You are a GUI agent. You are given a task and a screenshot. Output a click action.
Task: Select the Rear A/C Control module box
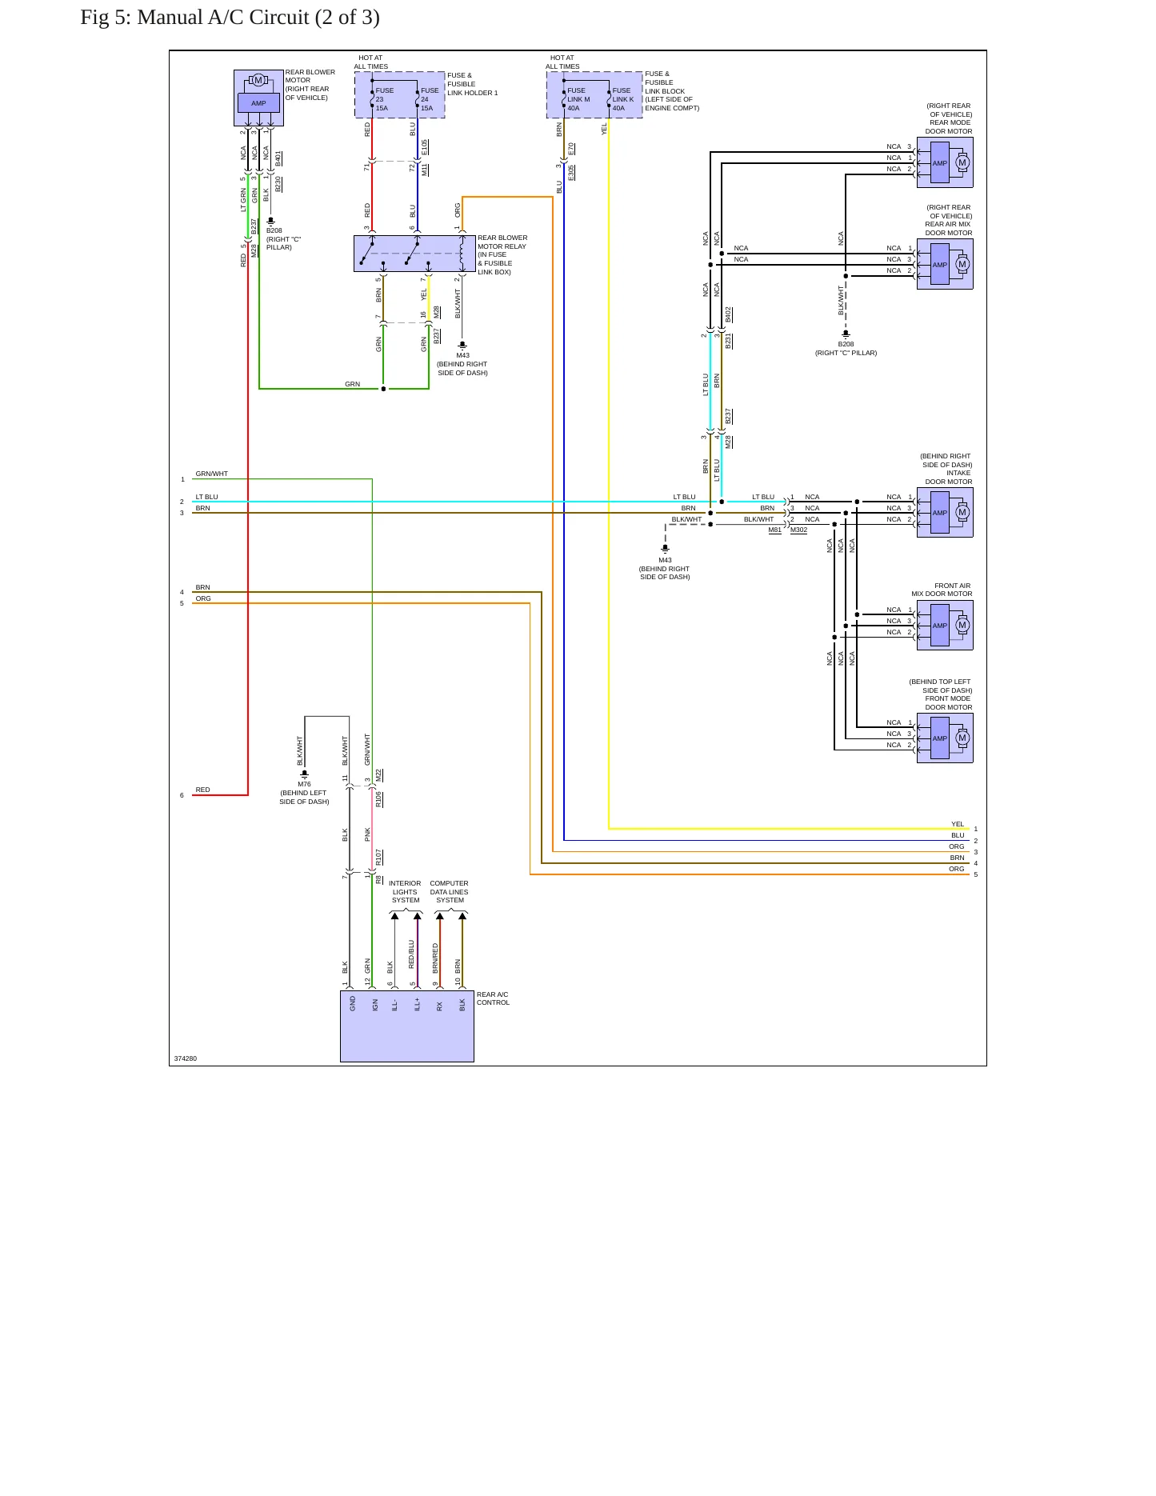click(407, 1026)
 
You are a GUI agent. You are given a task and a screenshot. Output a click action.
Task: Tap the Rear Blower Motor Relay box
click(414, 254)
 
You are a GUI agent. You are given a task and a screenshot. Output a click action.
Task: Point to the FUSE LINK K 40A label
click(622, 99)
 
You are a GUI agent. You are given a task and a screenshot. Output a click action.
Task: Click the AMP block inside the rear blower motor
click(258, 103)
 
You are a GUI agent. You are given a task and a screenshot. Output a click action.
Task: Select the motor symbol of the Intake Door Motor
click(962, 513)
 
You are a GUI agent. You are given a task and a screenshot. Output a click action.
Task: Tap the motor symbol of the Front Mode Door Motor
click(962, 738)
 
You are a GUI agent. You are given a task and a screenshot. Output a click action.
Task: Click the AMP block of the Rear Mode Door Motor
click(940, 163)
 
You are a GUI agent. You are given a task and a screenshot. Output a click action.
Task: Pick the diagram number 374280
click(186, 1058)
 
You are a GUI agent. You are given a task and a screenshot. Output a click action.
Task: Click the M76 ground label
click(304, 784)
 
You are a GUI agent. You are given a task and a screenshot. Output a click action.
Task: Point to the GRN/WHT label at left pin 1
click(212, 474)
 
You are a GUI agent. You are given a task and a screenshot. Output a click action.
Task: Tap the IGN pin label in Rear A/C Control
click(375, 1005)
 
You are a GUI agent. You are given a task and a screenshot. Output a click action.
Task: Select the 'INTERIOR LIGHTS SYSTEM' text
click(405, 892)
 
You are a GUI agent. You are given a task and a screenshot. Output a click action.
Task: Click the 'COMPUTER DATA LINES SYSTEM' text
click(450, 892)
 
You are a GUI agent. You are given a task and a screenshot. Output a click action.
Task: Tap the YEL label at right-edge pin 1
click(958, 824)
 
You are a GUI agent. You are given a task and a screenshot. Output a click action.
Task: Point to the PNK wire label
click(367, 834)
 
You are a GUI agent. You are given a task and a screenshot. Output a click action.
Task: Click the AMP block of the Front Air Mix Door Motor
click(940, 626)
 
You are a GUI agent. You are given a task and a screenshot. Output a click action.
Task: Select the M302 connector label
click(798, 530)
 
